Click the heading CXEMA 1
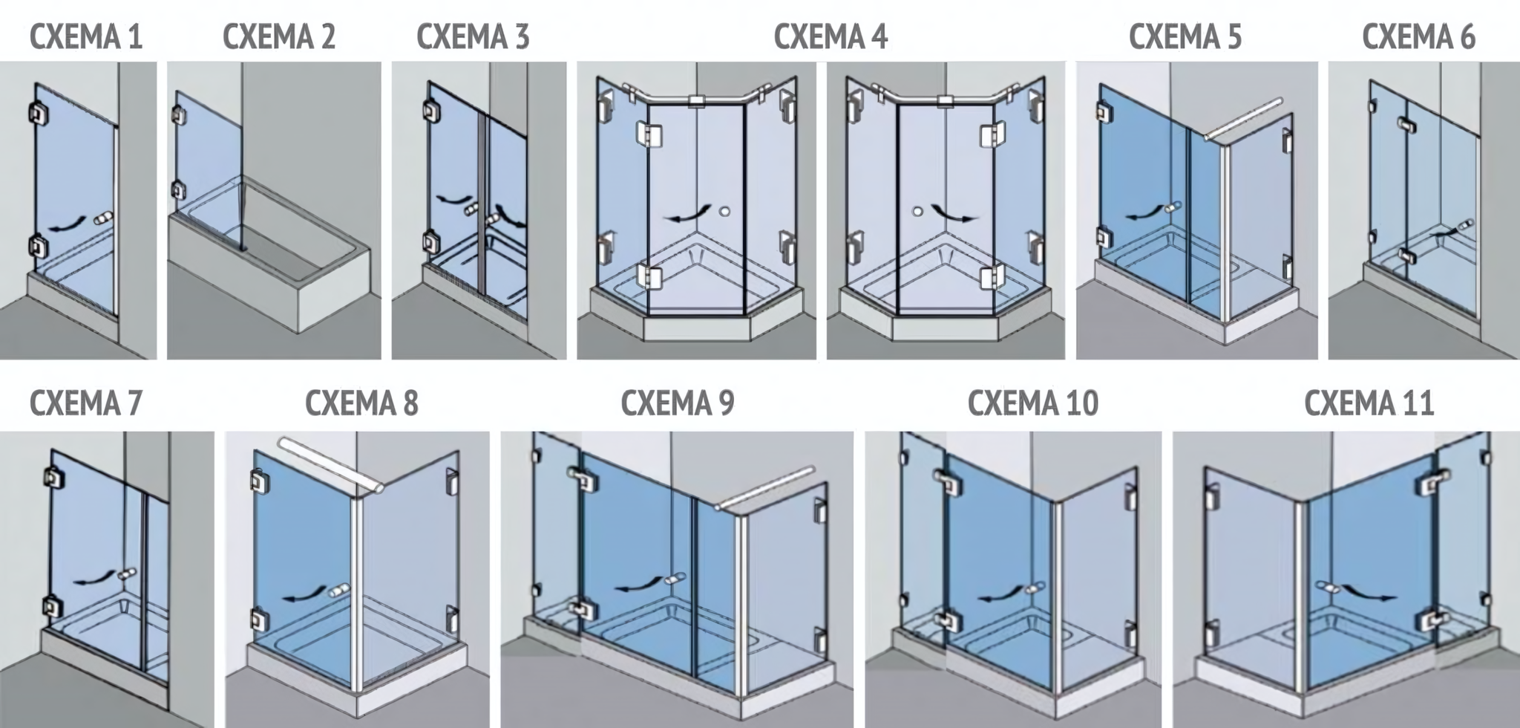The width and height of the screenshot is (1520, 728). coord(86,36)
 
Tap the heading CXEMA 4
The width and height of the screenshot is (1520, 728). coord(831,36)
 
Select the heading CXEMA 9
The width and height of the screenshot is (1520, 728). coord(677,403)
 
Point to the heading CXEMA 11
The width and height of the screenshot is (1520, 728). coord(1369,403)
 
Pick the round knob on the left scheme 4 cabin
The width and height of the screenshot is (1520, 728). coord(724,211)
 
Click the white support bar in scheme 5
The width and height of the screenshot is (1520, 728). coord(1244,119)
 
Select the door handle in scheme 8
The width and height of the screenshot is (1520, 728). coord(340,591)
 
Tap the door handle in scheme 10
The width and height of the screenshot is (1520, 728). coord(1032,589)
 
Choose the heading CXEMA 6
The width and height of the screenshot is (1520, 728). coord(1418,36)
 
